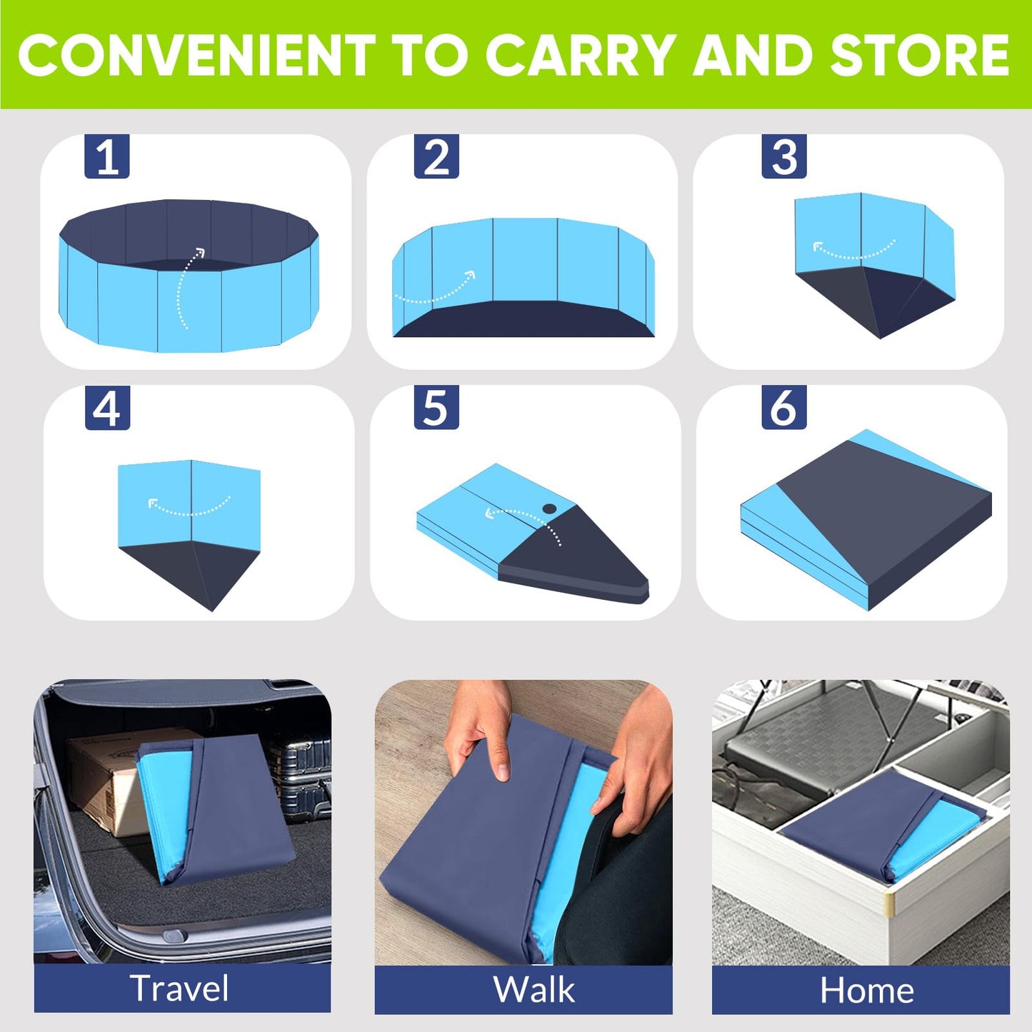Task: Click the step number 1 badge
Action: (x=107, y=156)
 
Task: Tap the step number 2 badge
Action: (x=436, y=156)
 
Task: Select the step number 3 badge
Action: (x=784, y=156)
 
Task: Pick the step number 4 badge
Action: (x=107, y=408)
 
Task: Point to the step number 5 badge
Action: (x=436, y=408)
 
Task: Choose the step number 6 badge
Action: (x=783, y=408)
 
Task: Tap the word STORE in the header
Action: (x=919, y=56)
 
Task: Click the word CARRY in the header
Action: (x=581, y=56)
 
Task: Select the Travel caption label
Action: (x=180, y=988)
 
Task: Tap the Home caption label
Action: (x=866, y=991)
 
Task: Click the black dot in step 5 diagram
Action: (x=549, y=509)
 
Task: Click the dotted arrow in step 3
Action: (x=853, y=252)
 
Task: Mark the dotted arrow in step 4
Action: (x=189, y=508)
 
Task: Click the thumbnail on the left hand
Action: (x=503, y=771)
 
